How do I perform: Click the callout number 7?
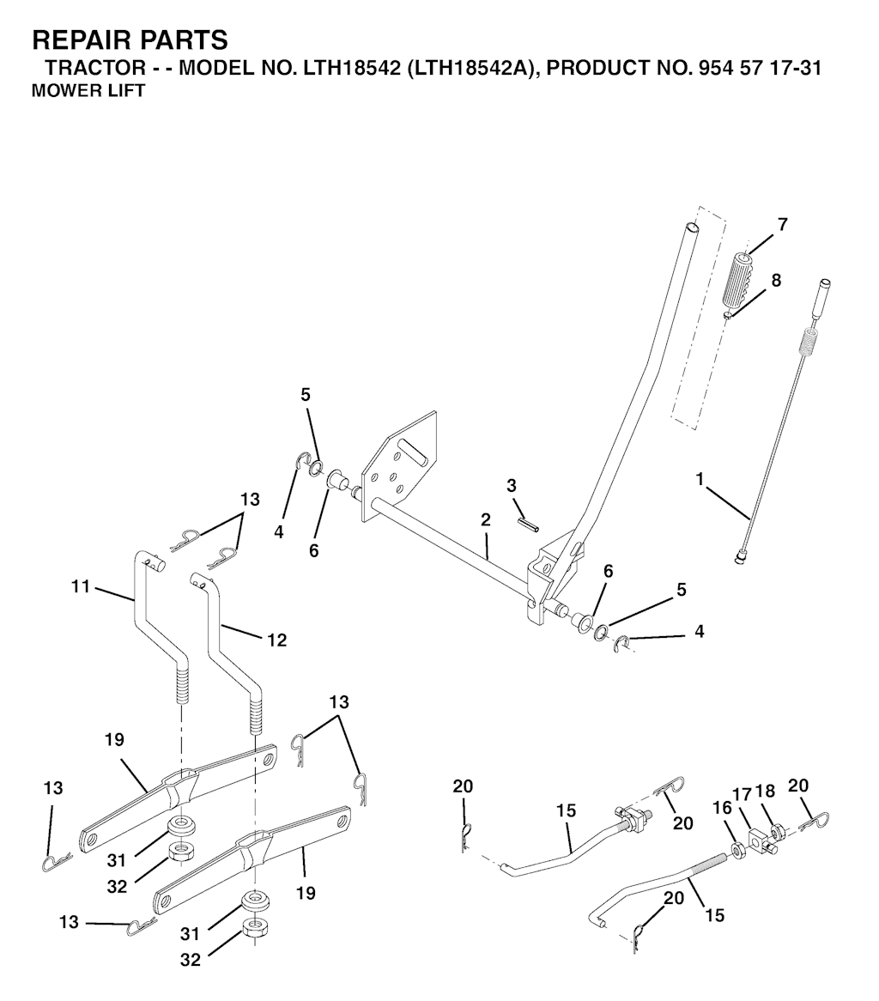pos(782,225)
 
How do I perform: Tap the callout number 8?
pos(776,280)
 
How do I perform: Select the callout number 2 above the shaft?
pos(486,520)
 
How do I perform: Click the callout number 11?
pos(81,588)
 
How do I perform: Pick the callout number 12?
pos(276,640)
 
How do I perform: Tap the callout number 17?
pos(742,795)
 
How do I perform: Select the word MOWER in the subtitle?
pos(63,91)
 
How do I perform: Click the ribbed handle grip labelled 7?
pos(741,282)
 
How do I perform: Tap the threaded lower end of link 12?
pos(255,713)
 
